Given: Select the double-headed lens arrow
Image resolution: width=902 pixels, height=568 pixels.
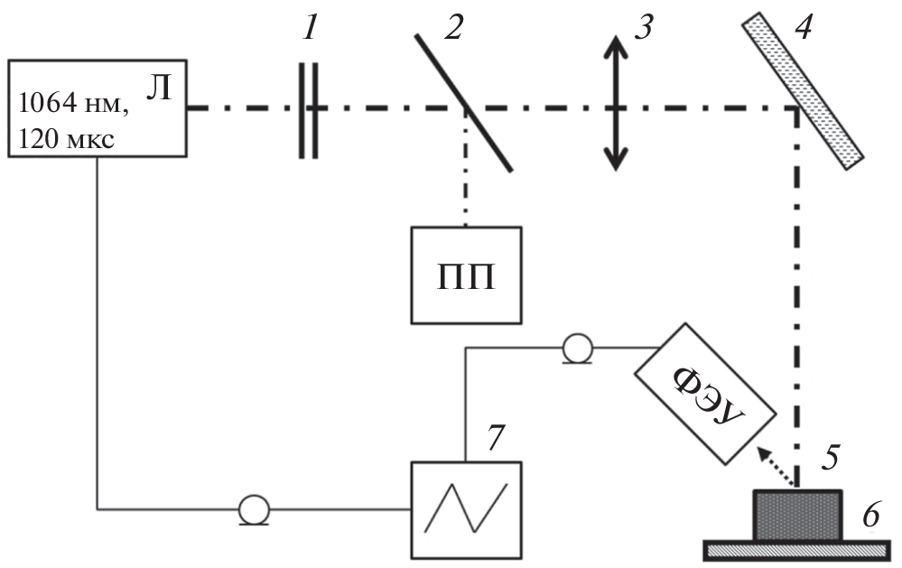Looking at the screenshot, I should [x=615, y=103].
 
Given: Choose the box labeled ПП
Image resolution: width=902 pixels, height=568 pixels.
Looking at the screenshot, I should [x=466, y=275].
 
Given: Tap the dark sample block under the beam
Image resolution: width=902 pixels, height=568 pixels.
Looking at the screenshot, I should [x=797, y=516].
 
